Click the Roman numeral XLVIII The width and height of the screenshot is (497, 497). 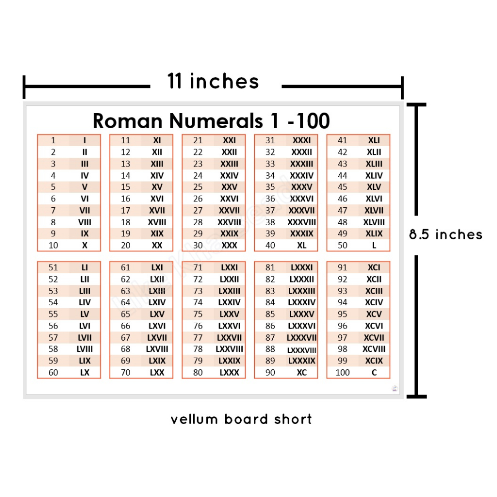pyautogui.click(x=374, y=222)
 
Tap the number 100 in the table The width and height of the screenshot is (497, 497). pyautogui.click(x=343, y=373)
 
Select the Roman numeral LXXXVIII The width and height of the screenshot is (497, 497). pyautogui.click(x=301, y=350)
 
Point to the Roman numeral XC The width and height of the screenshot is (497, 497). pyautogui.click(x=301, y=373)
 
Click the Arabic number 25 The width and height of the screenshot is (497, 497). pyautogui.click(x=198, y=187)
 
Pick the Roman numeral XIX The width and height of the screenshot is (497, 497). pyautogui.click(x=157, y=233)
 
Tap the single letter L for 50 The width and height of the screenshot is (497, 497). pyautogui.click(x=374, y=246)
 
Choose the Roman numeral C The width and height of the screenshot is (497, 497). pyautogui.click(x=374, y=373)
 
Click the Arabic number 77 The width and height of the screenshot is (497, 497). pyautogui.click(x=198, y=338)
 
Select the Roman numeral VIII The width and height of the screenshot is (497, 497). pyautogui.click(x=84, y=222)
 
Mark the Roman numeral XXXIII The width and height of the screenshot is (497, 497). pyautogui.click(x=301, y=164)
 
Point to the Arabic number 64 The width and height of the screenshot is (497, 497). pyautogui.click(x=126, y=302)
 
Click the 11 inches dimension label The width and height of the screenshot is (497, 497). pyautogui.click(x=213, y=81)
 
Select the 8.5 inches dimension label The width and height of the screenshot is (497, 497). pyautogui.click(x=446, y=235)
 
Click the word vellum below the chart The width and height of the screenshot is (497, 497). pyautogui.click(x=194, y=419)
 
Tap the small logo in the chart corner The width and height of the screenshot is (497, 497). pyautogui.click(x=394, y=388)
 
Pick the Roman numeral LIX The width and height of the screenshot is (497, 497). pyautogui.click(x=84, y=361)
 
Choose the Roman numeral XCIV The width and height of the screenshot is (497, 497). pyautogui.click(x=374, y=302)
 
